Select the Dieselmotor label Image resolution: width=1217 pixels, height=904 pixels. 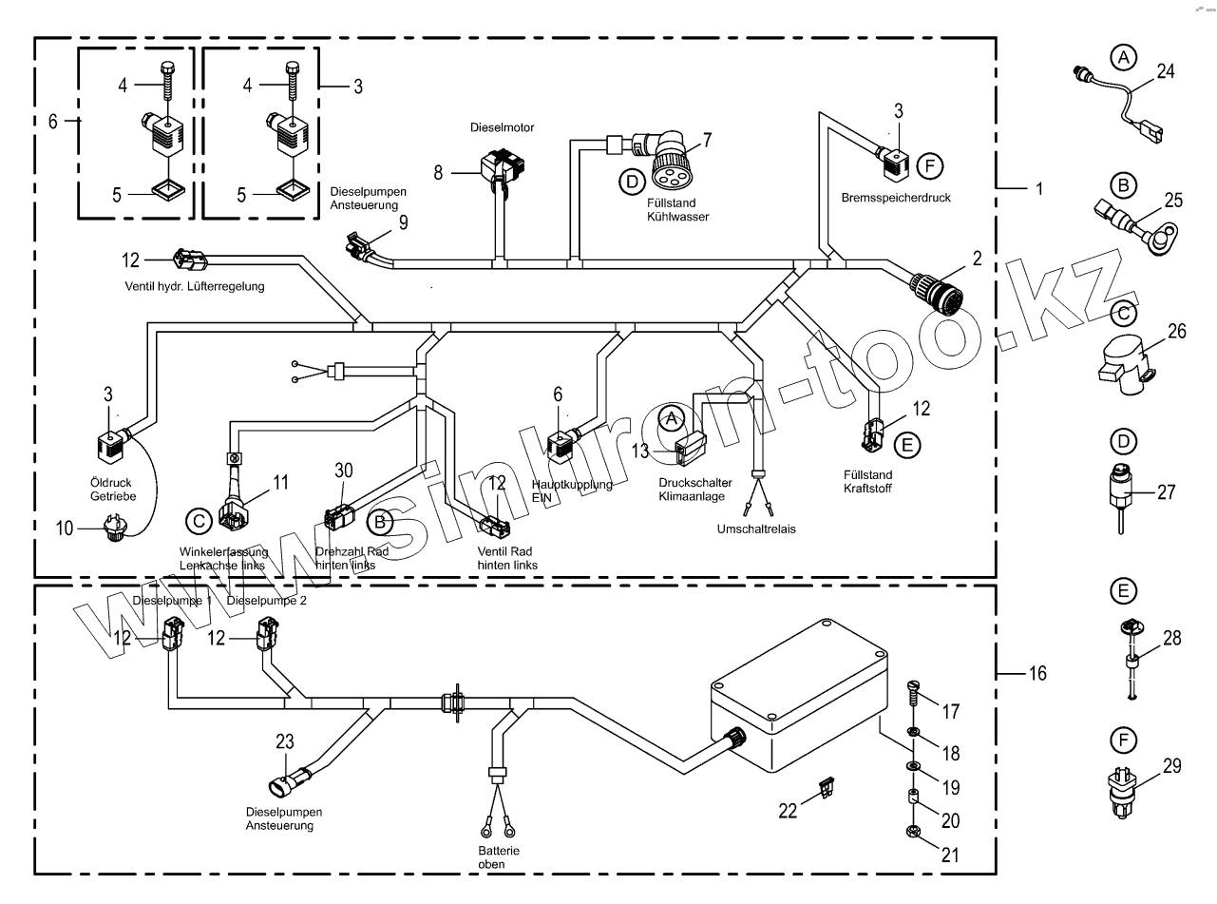pos(502,126)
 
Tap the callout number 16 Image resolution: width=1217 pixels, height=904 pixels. pos(1036,674)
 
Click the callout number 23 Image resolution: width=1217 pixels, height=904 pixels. pos(286,743)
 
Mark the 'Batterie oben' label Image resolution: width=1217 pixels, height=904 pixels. pos(493,857)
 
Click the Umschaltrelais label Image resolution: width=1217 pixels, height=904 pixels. pos(757,529)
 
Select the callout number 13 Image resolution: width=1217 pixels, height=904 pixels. pos(641,450)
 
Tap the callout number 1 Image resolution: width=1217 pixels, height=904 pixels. pos(1038,188)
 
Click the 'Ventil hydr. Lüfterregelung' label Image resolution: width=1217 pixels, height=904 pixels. pos(195,286)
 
